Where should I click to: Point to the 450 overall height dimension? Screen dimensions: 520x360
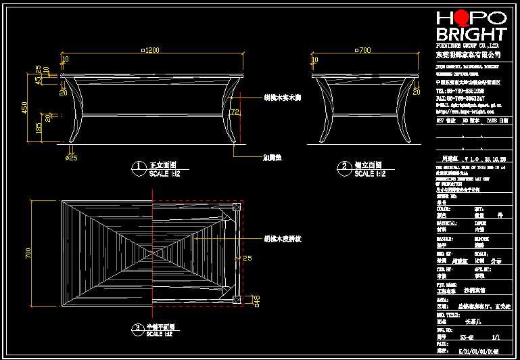tap(25, 107)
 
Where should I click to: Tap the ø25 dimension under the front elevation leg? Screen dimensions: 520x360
tap(71, 158)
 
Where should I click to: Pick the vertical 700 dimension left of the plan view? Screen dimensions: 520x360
tap(28, 252)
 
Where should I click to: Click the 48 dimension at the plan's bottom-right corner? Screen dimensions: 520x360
tap(247, 299)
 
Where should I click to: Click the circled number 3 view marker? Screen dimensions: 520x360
tap(138, 328)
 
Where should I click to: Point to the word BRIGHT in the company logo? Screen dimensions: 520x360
tap(471, 34)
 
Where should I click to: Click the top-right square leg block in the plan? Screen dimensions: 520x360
tap(235, 208)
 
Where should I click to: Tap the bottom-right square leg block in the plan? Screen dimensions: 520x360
tap(235, 298)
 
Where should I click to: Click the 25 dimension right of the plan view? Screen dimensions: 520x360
tap(247, 258)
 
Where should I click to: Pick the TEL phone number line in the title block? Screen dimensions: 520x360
tap(460, 90)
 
